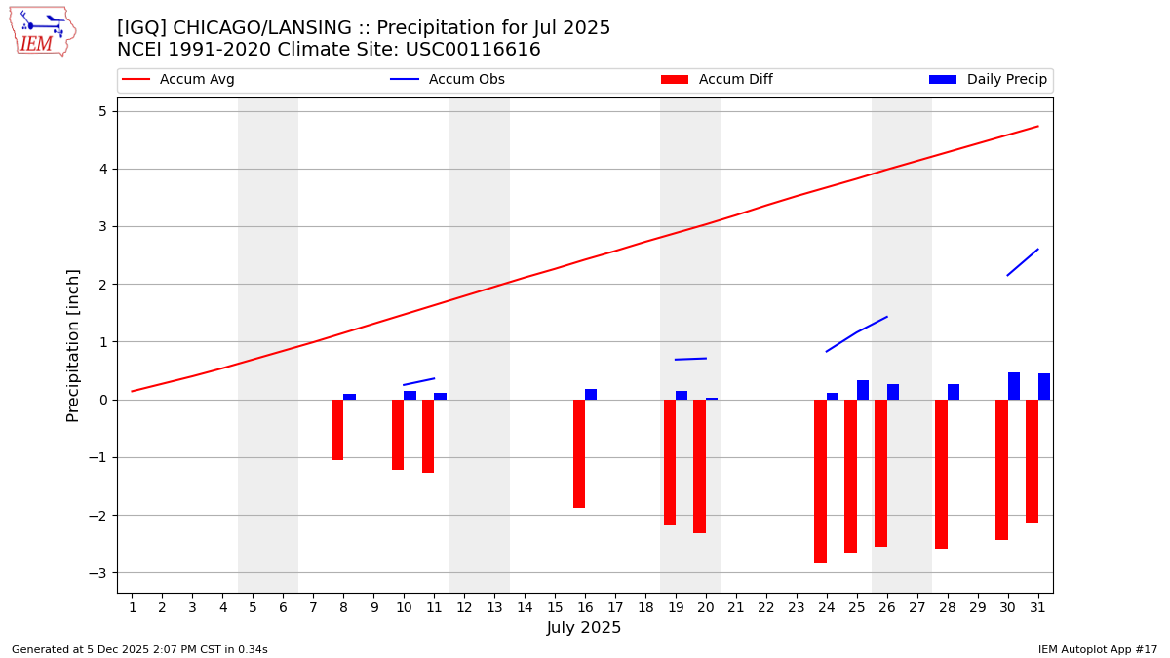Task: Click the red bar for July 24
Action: tap(820, 481)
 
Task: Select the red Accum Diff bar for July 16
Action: tap(579, 453)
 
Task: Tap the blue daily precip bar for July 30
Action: tap(1014, 386)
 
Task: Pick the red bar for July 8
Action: tap(337, 429)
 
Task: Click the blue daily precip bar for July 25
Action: tap(863, 390)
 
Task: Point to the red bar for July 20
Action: tap(699, 466)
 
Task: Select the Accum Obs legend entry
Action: tap(448, 80)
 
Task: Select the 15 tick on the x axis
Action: tap(555, 608)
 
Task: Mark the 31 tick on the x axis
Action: tap(1037, 608)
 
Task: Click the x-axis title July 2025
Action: tap(584, 628)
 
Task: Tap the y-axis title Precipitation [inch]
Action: tap(74, 345)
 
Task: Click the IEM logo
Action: tap(42, 31)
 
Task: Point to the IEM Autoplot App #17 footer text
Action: tap(1098, 649)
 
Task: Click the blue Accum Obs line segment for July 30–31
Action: tap(1023, 262)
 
